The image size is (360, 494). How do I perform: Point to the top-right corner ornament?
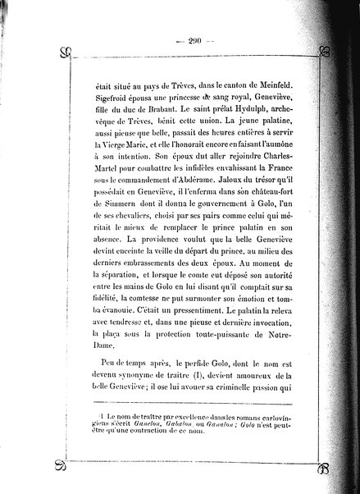pos(325,56)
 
